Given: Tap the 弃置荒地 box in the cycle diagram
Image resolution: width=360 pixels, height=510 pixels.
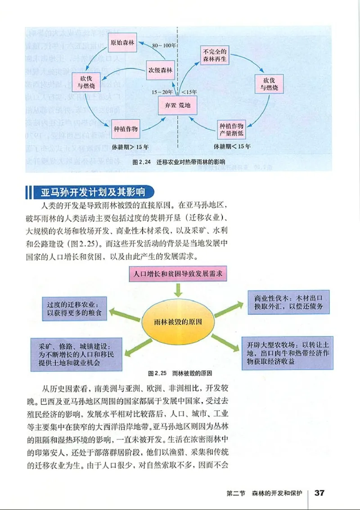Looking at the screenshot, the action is (x=179, y=106).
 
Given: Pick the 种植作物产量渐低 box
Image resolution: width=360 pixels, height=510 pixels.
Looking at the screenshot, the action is (x=231, y=129).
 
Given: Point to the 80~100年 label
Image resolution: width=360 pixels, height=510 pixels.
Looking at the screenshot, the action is (x=164, y=45).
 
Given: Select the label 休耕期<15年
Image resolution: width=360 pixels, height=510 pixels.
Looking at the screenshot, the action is (x=232, y=147).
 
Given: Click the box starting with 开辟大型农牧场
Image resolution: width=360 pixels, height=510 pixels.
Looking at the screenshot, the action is (x=288, y=353).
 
